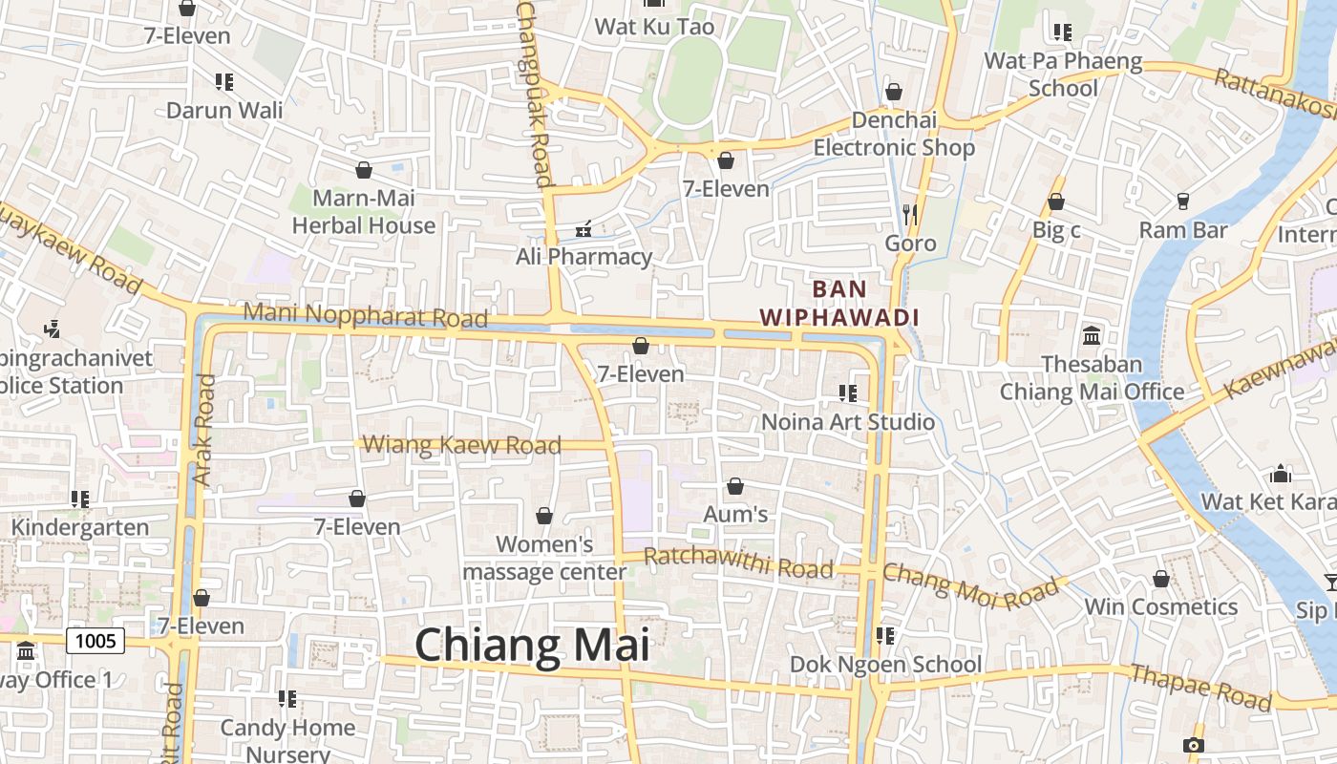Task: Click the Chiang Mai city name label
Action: pos(532,645)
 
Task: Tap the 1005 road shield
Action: pos(95,641)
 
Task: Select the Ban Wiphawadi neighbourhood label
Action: pos(838,303)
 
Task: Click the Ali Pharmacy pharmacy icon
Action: pos(584,229)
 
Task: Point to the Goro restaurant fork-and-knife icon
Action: pos(910,215)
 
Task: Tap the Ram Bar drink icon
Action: pos(1182,202)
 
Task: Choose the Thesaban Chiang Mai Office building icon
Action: pos(1092,336)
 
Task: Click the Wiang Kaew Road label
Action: pos(462,445)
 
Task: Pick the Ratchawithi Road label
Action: pos(738,562)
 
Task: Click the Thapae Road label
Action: pos(1200,688)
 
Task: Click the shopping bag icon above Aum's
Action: pos(735,487)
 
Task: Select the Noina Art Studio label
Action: pos(848,421)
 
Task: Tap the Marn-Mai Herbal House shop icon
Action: pos(364,171)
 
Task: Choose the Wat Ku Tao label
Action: pos(654,27)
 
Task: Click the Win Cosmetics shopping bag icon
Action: pos(1161,580)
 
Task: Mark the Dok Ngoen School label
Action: pos(885,665)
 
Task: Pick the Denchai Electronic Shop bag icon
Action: pos(894,93)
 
